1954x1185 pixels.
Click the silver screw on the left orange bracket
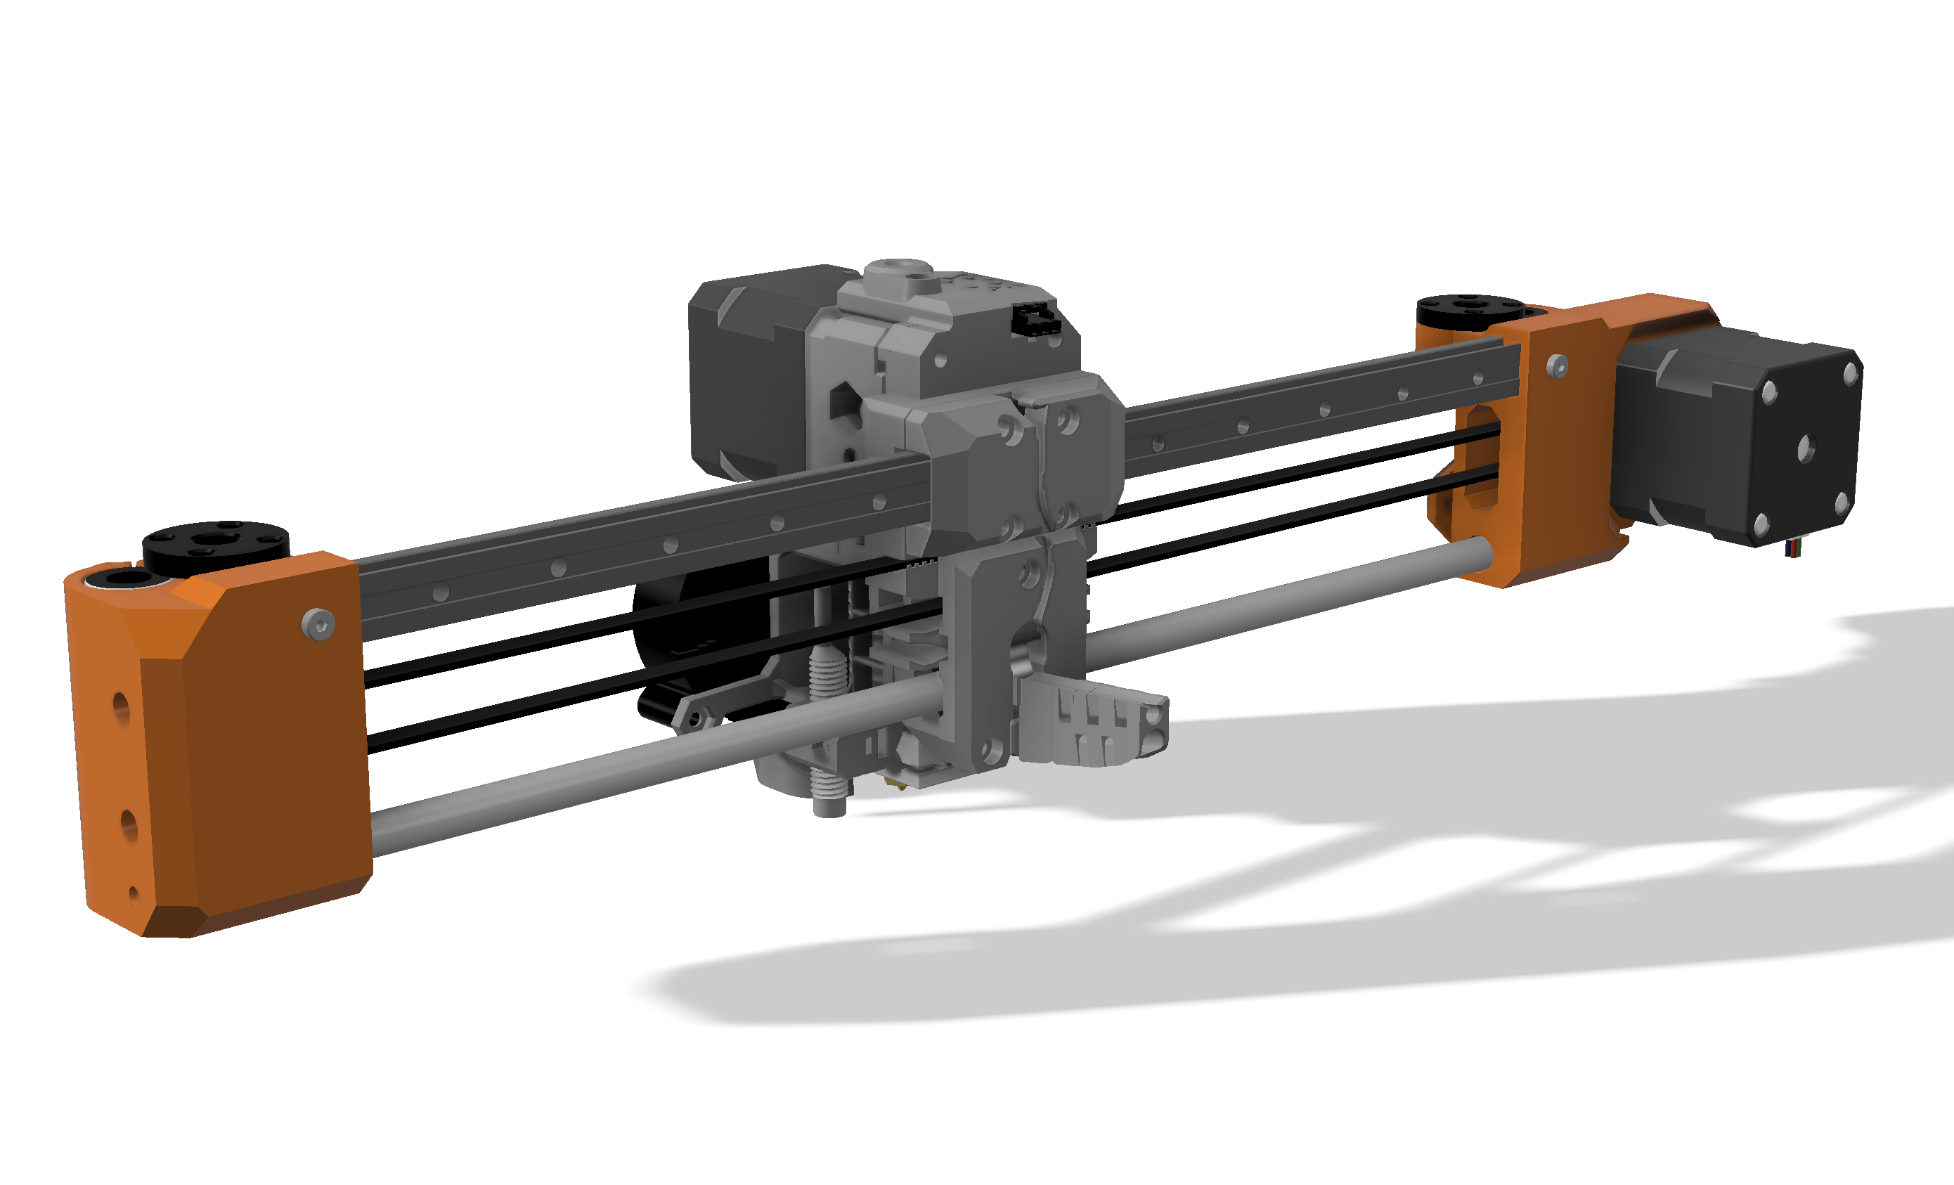click(318, 623)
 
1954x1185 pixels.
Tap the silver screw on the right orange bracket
click(1557, 365)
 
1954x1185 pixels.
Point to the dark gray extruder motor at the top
click(746, 373)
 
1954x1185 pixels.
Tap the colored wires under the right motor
click(1794, 548)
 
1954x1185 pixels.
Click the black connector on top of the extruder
click(1034, 320)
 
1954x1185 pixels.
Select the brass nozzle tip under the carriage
click(897, 782)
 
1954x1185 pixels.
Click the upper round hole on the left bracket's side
click(120, 705)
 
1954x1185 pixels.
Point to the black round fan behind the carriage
click(698, 635)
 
